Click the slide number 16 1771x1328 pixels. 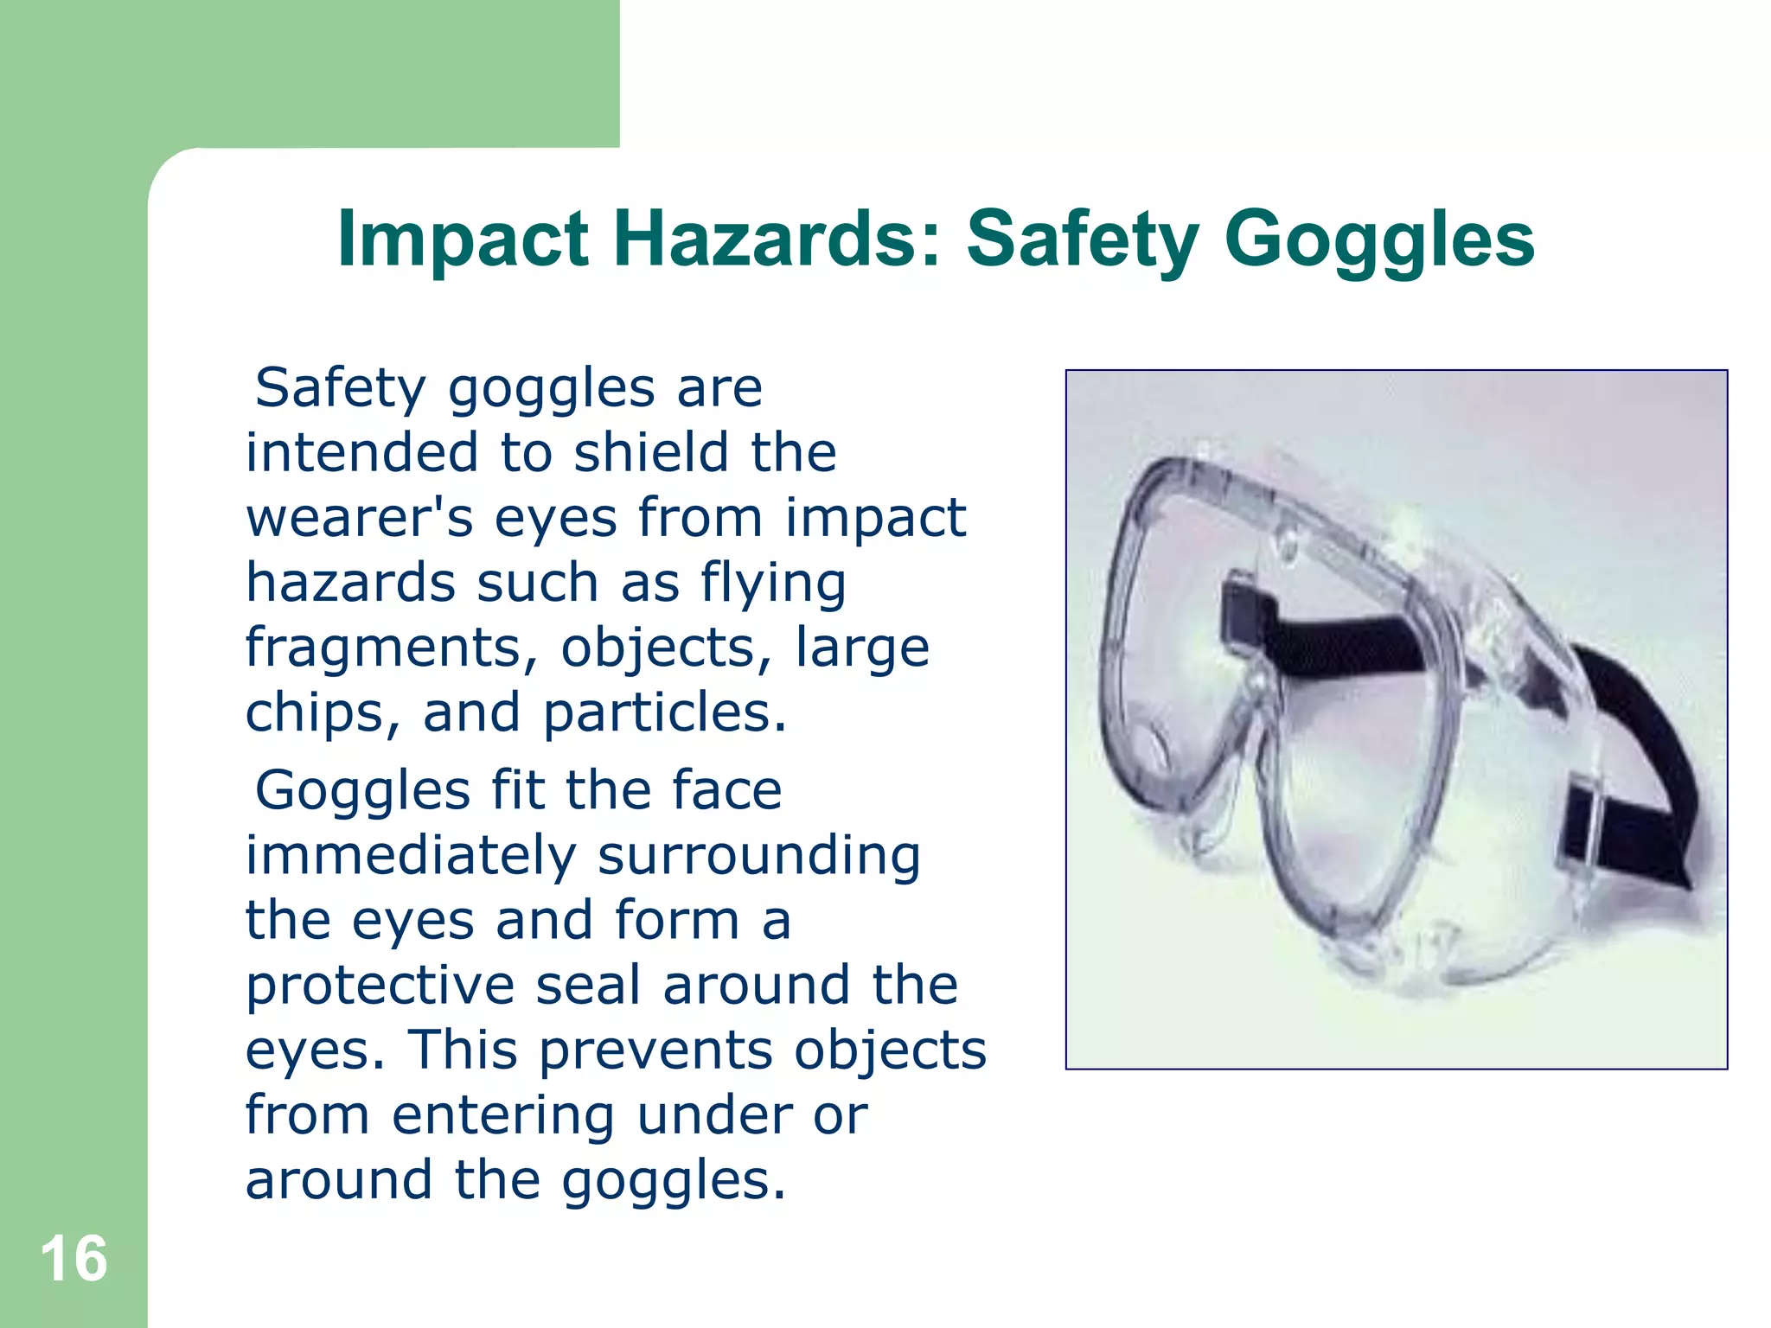(x=74, y=1259)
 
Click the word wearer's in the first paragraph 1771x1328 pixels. (x=360, y=518)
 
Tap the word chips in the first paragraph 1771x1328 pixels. (x=322, y=713)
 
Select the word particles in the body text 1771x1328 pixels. (x=664, y=713)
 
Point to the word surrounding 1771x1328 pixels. (x=758, y=856)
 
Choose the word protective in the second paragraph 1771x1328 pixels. (x=380, y=986)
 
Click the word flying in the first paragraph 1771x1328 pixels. (x=773, y=584)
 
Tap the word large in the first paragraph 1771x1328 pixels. (x=862, y=648)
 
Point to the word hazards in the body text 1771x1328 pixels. (x=350, y=583)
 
